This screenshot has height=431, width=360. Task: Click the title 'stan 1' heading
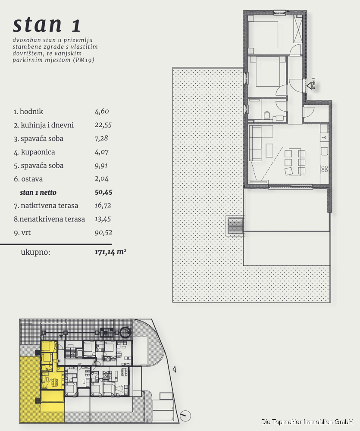pyautogui.click(x=47, y=25)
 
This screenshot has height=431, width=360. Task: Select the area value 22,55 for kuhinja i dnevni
pyautogui.click(x=103, y=125)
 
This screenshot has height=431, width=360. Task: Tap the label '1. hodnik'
pyautogui.click(x=28, y=112)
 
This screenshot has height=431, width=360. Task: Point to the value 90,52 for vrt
pyautogui.click(x=103, y=233)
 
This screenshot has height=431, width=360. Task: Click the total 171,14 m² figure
pyautogui.click(x=110, y=252)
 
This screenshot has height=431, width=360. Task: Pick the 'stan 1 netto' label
pyautogui.click(x=38, y=192)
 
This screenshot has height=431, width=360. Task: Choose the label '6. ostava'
pyautogui.click(x=28, y=179)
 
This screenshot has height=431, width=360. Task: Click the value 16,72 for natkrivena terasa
pyautogui.click(x=103, y=206)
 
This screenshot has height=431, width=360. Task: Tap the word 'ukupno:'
pyautogui.click(x=36, y=252)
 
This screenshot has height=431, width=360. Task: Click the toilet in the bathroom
pyautogui.click(x=267, y=115)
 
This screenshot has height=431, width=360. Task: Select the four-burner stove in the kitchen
pyautogui.click(x=325, y=169)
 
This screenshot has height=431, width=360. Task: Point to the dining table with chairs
pyautogui.click(x=295, y=162)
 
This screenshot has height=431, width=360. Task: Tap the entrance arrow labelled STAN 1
pyautogui.click(x=310, y=86)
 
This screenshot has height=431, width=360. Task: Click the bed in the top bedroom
pyautogui.click(x=263, y=34)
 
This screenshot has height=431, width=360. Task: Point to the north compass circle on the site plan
pyautogui.click(x=185, y=415)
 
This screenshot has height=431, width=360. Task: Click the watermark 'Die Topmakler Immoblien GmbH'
pyautogui.click(x=307, y=422)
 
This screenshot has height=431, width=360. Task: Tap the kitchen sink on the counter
pyautogui.click(x=325, y=151)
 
